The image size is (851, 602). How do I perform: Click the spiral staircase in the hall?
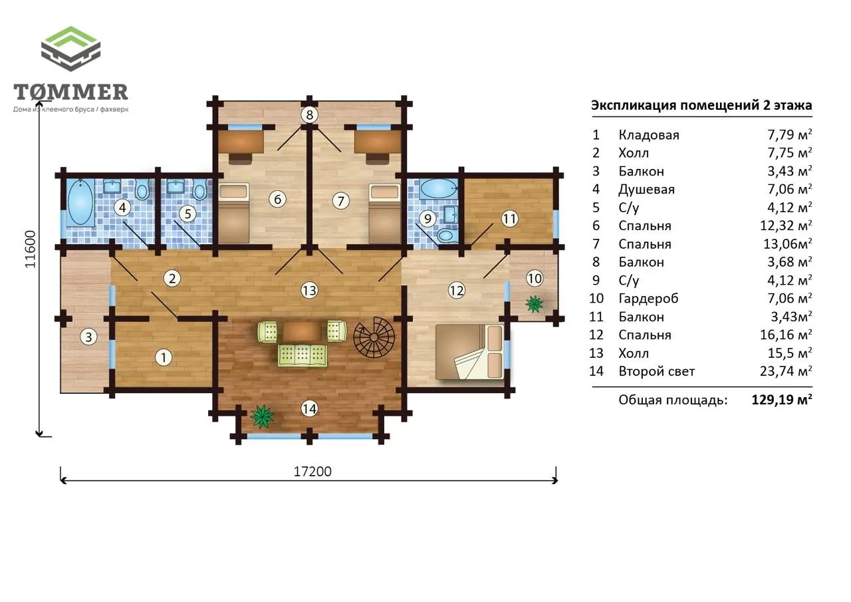pos(374,337)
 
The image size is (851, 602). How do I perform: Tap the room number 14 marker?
pos(309,409)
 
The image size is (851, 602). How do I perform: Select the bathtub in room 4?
pos(80,202)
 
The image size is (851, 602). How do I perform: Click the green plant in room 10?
pos(535,304)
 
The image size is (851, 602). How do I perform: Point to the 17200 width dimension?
pos(312,472)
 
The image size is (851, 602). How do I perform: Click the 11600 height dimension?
pos(31,249)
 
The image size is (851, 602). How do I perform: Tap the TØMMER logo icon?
pos(70,49)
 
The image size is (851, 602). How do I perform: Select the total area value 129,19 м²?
pos(782,400)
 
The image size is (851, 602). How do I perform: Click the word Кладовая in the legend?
pos(649,135)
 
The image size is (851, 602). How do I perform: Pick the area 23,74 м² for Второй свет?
pos(786,371)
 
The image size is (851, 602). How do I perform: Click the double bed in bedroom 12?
pos(469,351)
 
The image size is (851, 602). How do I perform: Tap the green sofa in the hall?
pos(303,355)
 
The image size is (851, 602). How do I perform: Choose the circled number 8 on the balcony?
pos(310,114)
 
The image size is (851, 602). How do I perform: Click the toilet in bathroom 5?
pos(199,190)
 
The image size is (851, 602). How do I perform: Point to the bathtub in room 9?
pos(439,188)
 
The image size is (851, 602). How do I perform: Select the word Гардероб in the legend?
pos(648,299)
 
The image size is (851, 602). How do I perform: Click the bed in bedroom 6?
pos(234,213)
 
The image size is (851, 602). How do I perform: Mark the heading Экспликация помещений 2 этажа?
pos(701,105)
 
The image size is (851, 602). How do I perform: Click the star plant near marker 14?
pos(262,416)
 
